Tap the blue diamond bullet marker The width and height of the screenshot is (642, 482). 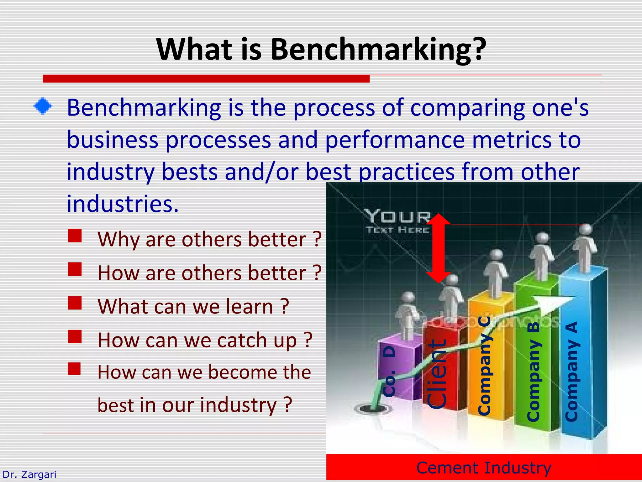[43, 106]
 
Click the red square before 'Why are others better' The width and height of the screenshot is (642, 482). [75, 236]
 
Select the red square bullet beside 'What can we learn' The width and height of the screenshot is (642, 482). [75, 303]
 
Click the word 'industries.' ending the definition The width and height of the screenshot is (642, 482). [123, 204]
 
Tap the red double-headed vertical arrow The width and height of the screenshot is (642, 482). [438, 248]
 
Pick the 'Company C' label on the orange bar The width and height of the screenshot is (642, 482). [484, 366]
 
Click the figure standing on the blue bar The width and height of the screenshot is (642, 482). [585, 248]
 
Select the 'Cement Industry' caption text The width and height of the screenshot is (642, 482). [484, 468]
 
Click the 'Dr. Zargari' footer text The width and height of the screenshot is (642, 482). [29, 474]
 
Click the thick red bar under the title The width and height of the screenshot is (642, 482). [206, 78]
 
